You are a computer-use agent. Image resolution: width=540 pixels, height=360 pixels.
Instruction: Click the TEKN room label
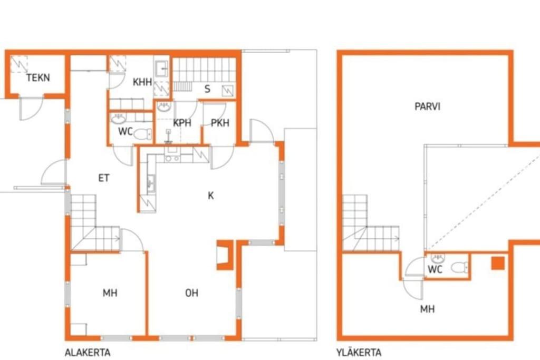38,77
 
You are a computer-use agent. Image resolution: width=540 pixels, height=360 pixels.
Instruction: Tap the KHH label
142,82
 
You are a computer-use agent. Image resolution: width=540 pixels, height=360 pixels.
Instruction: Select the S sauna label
207,89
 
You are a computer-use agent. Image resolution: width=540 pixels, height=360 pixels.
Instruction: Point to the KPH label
182,122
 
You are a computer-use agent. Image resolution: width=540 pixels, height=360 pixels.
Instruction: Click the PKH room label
220,122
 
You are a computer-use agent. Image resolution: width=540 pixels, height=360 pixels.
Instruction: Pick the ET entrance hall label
104,178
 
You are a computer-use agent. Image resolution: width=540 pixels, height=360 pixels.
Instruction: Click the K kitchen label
211,196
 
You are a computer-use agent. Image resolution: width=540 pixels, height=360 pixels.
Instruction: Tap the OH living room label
191,293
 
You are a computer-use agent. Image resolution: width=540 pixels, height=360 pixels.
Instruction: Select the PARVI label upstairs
427,106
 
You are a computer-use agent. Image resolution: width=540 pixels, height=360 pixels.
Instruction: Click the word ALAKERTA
88,353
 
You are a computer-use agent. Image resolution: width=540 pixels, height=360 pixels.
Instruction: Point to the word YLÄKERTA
359,353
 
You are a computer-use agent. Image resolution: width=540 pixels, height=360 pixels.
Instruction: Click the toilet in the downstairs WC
143,134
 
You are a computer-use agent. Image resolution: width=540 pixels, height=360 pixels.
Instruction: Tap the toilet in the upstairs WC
460,267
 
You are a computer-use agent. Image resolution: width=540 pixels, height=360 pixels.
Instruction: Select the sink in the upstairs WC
438,257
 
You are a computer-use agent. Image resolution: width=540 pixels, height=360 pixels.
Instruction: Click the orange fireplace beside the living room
225,255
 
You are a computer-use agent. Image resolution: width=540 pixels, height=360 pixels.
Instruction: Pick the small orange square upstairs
498,264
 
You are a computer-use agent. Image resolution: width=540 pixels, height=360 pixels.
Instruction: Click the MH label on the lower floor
110,293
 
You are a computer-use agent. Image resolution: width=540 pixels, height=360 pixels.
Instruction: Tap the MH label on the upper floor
427,309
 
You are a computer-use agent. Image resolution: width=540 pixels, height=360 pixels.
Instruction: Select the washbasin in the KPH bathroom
164,107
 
